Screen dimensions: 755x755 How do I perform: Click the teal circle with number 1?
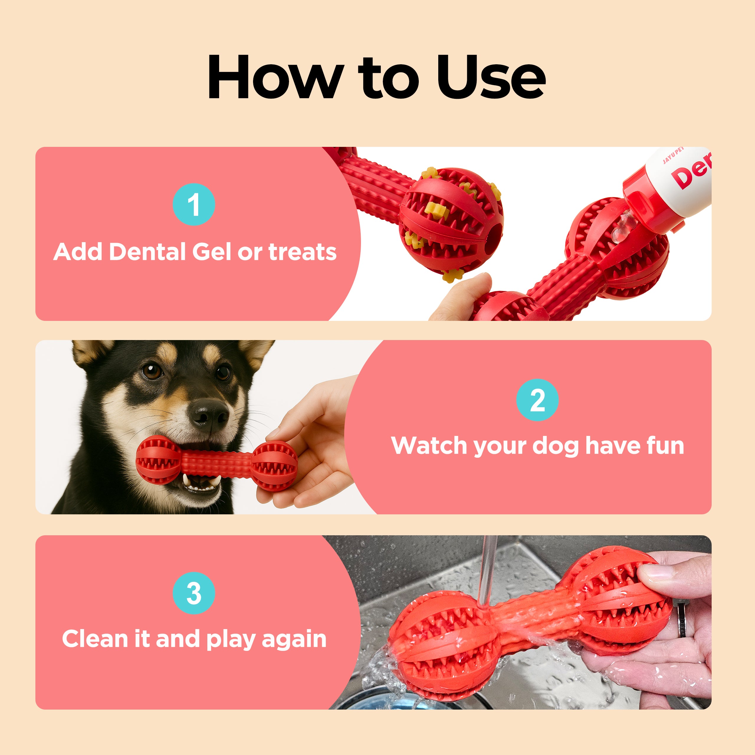(x=194, y=204)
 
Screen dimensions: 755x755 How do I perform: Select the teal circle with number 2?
(x=537, y=400)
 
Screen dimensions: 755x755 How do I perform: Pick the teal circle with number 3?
(x=194, y=593)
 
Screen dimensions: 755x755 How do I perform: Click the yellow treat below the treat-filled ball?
(x=452, y=274)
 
